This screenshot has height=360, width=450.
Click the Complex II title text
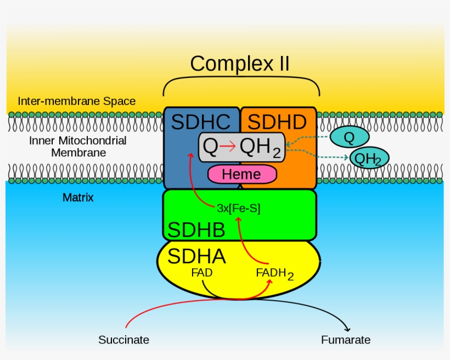(240, 64)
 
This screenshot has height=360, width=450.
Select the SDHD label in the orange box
(278, 121)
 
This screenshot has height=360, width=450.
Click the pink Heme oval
(241, 175)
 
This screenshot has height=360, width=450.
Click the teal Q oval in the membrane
(349, 136)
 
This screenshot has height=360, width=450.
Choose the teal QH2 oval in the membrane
(369, 159)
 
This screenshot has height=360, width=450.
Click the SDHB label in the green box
(196, 230)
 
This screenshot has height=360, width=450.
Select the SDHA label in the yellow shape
(196, 256)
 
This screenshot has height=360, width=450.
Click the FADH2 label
(274, 274)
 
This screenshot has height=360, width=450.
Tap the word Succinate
(123, 340)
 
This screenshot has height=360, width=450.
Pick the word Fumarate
(346, 340)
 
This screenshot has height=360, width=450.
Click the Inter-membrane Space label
(76, 101)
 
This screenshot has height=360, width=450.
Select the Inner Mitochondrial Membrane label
(77, 147)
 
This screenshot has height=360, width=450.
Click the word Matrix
(78, 198)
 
